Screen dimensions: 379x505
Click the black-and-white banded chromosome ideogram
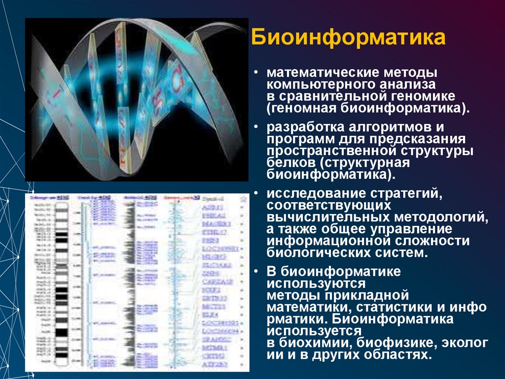tap(62, 282)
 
